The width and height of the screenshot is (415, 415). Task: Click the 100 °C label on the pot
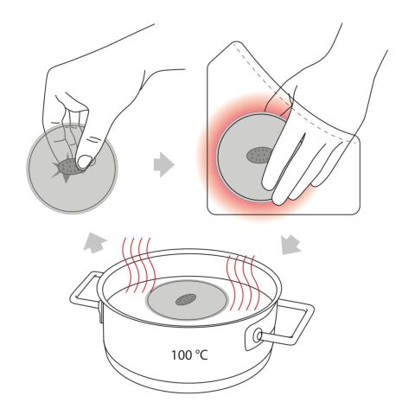pyautogui.click(x=189, y=354)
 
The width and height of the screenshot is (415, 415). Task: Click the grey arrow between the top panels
pyautogui.click(x=163, y=165)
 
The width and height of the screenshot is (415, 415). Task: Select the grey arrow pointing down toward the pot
pyautogui.click(x=290, y=245)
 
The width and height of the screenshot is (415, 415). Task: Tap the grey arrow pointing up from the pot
pyautogui.click(x=95, y=242)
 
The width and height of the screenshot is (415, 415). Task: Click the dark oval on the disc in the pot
pyautogui.click(x=186, y=300)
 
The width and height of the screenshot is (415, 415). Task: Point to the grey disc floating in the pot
pyautogui.click(x=188, y=301)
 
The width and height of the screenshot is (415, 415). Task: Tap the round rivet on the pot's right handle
pyautogui.click(x=258, y=336)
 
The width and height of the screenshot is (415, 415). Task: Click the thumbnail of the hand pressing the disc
pyautogui.click(x=85, y=162)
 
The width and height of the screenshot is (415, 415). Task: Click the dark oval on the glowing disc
pyautogui.click(x=259, y=155)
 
